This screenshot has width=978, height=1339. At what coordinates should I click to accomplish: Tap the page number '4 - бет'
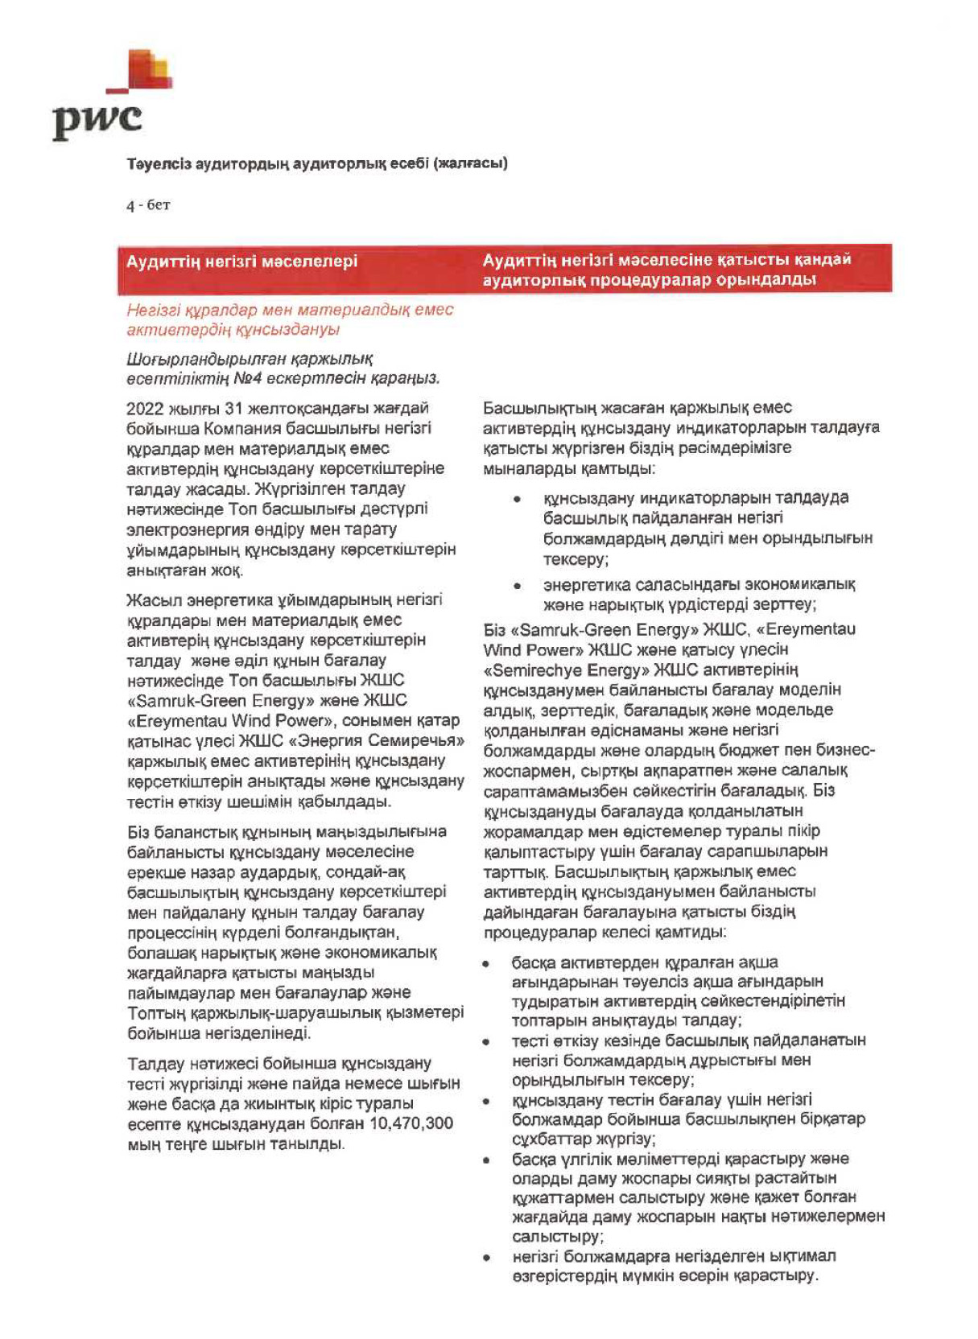click(147, 205)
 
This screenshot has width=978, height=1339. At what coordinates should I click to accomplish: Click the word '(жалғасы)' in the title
click(470, 163)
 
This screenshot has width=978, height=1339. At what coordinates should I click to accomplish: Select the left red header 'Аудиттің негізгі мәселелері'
click(241, 262)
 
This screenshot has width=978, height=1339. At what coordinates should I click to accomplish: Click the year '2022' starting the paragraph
click(145, 408)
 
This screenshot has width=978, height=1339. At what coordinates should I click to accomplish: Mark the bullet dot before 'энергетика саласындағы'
click(516, 585)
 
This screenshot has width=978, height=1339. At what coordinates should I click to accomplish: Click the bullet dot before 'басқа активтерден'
click(487, 963)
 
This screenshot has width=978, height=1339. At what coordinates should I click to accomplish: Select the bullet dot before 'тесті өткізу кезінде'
click(487, 1041)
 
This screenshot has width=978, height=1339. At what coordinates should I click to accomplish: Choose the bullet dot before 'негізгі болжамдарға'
click(487, 1256)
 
